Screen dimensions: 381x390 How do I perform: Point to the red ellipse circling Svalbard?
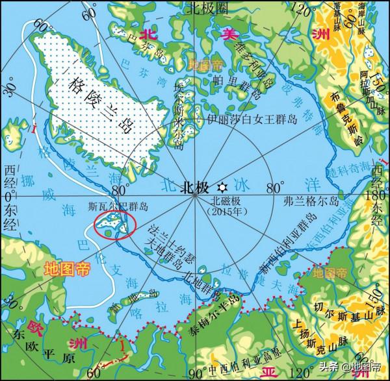[114, 225]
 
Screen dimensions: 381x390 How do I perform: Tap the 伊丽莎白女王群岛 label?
[251, 119]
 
